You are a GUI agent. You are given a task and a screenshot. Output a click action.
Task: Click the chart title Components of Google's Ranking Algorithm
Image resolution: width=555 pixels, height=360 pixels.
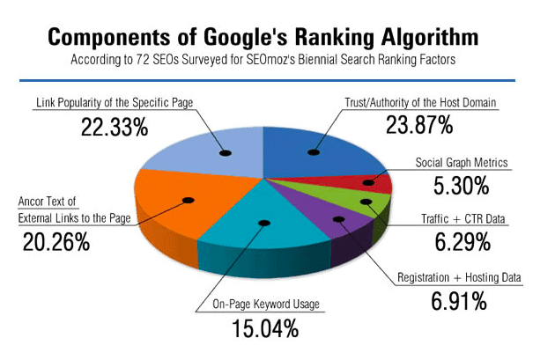(263, 38)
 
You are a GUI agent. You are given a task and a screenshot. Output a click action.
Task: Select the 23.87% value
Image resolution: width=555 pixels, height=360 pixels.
(418, 125)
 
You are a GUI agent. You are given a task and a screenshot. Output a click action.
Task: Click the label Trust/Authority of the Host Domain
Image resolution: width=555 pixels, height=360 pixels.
(421, 103)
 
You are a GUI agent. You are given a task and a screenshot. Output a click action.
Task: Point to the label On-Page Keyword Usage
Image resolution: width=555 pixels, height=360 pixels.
(263, 305)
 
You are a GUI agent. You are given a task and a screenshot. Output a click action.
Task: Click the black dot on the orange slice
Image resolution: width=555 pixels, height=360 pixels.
(187, 201)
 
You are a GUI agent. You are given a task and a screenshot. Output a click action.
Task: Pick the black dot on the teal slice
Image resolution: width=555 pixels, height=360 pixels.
(261, 224)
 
